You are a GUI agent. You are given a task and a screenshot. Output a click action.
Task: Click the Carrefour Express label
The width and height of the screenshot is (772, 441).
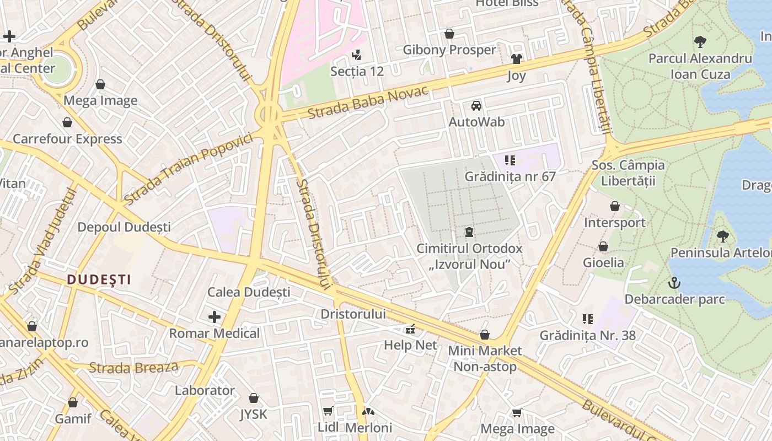click(x=67, y=139)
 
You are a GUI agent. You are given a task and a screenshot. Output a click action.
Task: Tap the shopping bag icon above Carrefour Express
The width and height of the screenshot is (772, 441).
click(x=67, y=122)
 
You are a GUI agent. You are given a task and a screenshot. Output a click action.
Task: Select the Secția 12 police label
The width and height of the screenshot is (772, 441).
click(x=357, y=71)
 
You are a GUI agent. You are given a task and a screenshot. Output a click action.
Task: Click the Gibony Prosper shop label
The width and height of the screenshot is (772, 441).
click(x=449, y=50)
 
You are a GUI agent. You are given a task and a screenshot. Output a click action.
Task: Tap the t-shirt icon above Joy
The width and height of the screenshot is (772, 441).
click(x=516, y=59)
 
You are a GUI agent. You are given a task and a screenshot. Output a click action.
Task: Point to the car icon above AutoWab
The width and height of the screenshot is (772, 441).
click(x=476, y=106)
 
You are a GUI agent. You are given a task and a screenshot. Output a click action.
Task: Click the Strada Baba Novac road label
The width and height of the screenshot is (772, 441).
click(x=368, y=103)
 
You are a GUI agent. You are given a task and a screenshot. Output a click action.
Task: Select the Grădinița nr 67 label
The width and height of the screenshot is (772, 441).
click(x=510, y=176)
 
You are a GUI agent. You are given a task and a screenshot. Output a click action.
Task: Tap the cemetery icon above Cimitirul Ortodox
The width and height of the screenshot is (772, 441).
click(x=469, y=232)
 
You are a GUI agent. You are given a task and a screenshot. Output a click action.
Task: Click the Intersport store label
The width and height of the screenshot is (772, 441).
click(x=615, y=223)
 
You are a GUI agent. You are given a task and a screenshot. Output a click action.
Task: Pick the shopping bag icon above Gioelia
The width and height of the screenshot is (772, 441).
click(x=603, y=246)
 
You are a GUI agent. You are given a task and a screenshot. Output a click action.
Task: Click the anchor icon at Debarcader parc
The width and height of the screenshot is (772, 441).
click(x=674, y=283)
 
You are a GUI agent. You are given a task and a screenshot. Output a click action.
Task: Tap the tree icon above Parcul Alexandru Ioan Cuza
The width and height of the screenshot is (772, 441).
click(x=700, y=41)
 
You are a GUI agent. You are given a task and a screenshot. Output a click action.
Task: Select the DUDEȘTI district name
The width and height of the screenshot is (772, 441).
click(x=99, y=279)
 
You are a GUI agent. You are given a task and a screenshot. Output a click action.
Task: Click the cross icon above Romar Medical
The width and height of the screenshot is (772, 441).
click(x=214, y=317)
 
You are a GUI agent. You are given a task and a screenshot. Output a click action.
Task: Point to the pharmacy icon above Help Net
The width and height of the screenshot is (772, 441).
click(x=410, y=329)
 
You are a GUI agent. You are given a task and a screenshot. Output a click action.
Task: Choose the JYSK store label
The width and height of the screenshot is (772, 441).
click(x=253, y=414)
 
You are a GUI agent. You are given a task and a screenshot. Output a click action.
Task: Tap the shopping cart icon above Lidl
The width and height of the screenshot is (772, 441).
click(x=328, y=411)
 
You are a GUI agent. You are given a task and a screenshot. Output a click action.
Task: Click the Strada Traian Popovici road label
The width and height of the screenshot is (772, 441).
click(x=189, y=167)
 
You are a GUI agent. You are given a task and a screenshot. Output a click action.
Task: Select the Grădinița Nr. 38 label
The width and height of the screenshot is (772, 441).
click(x=587, y=335)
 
